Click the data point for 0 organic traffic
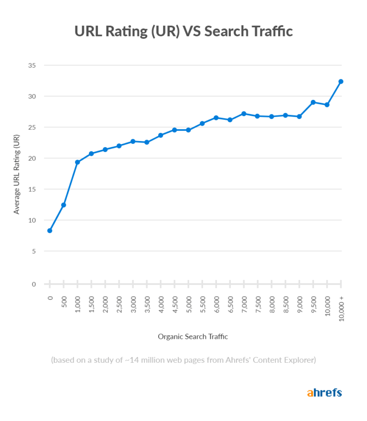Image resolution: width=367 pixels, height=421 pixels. coord(50,230)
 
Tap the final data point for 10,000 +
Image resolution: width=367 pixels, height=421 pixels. coord(341,82)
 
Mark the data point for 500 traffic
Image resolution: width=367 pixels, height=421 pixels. coord(64,205)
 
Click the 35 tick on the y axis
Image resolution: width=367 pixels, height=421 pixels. coord(32,65)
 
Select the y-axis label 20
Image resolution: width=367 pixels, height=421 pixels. coord(32,158)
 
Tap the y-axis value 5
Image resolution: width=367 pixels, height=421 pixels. coord(34,251)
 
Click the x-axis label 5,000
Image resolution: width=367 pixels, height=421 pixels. coord(189,304)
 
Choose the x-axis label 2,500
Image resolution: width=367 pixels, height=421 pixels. coord(119,304)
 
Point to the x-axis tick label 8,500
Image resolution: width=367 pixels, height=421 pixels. coord(286,304)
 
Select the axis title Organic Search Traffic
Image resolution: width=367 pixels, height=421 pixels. coord(193,337)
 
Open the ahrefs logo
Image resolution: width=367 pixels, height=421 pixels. coord(324,393)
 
